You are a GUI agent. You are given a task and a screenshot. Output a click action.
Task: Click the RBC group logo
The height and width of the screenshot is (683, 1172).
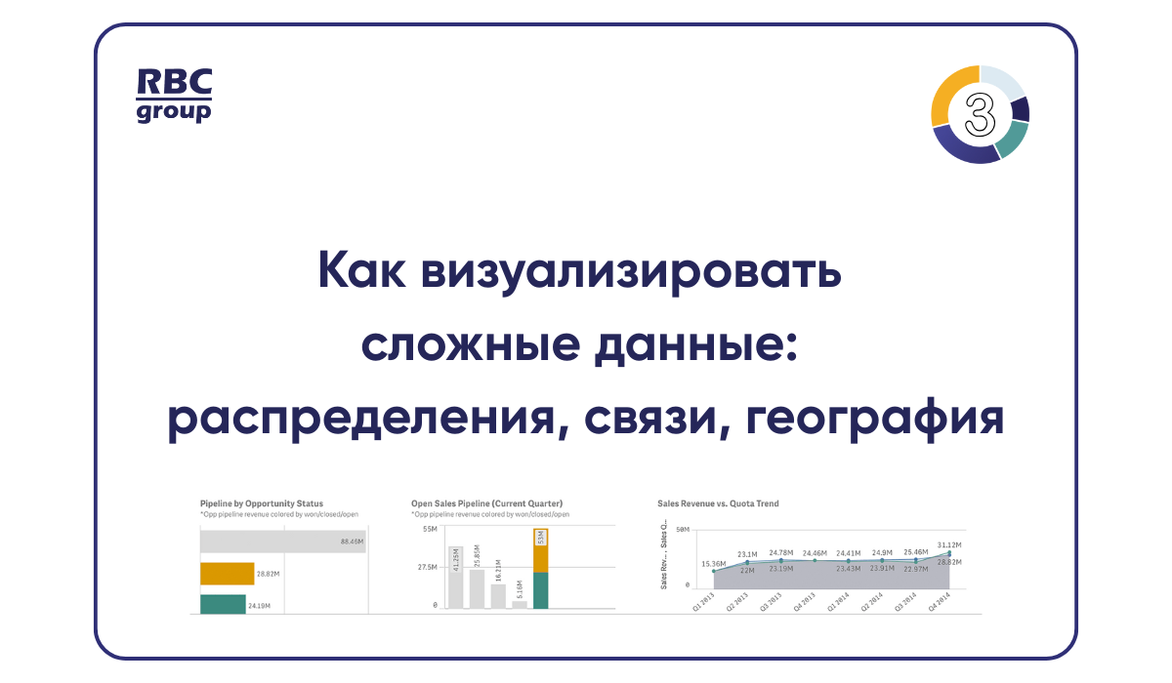[173, 95]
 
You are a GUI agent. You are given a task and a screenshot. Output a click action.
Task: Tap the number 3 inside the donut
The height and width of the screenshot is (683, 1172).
[980, 114]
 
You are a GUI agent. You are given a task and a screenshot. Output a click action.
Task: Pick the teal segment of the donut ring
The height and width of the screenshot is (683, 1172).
[1014, 140]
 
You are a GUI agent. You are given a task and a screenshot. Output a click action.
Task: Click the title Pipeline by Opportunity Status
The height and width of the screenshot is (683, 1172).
[261, 503]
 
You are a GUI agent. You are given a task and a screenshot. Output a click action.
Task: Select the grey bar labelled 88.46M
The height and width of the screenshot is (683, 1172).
[283, 541]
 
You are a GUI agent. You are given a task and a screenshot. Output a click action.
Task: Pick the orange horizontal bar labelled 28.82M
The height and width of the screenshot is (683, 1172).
[227, 574]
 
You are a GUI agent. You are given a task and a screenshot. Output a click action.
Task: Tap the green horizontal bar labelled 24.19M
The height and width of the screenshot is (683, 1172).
[222, 604]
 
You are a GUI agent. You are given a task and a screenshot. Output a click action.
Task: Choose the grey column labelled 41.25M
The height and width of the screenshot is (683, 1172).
[455, 577]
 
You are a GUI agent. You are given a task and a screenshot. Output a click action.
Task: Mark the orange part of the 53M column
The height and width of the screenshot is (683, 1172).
[540, 551]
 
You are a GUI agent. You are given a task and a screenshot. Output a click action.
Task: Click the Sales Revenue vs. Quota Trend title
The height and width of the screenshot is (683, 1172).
[718, 503]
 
